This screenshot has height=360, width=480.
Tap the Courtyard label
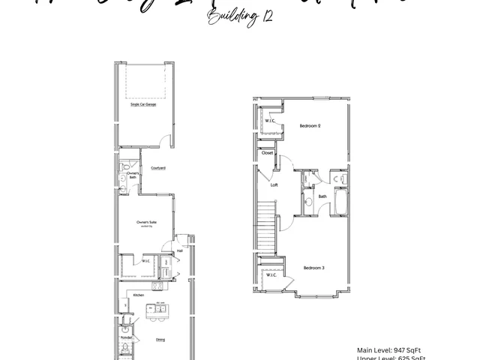coord(158,168)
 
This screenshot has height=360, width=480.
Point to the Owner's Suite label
coord(146,223)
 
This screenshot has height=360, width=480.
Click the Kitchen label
coord(139,295)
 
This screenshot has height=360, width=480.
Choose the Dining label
coord(160,340)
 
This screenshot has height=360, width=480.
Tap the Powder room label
coord(126,337)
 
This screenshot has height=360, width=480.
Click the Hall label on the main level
coord(180,250)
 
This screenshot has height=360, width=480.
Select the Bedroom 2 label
coord(310,125)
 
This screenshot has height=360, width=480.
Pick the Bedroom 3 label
coord(313,268)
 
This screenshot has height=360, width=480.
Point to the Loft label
coord(274,184)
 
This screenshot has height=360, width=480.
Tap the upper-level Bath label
coord(322,196)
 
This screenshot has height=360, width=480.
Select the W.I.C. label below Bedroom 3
coord(271,274)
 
